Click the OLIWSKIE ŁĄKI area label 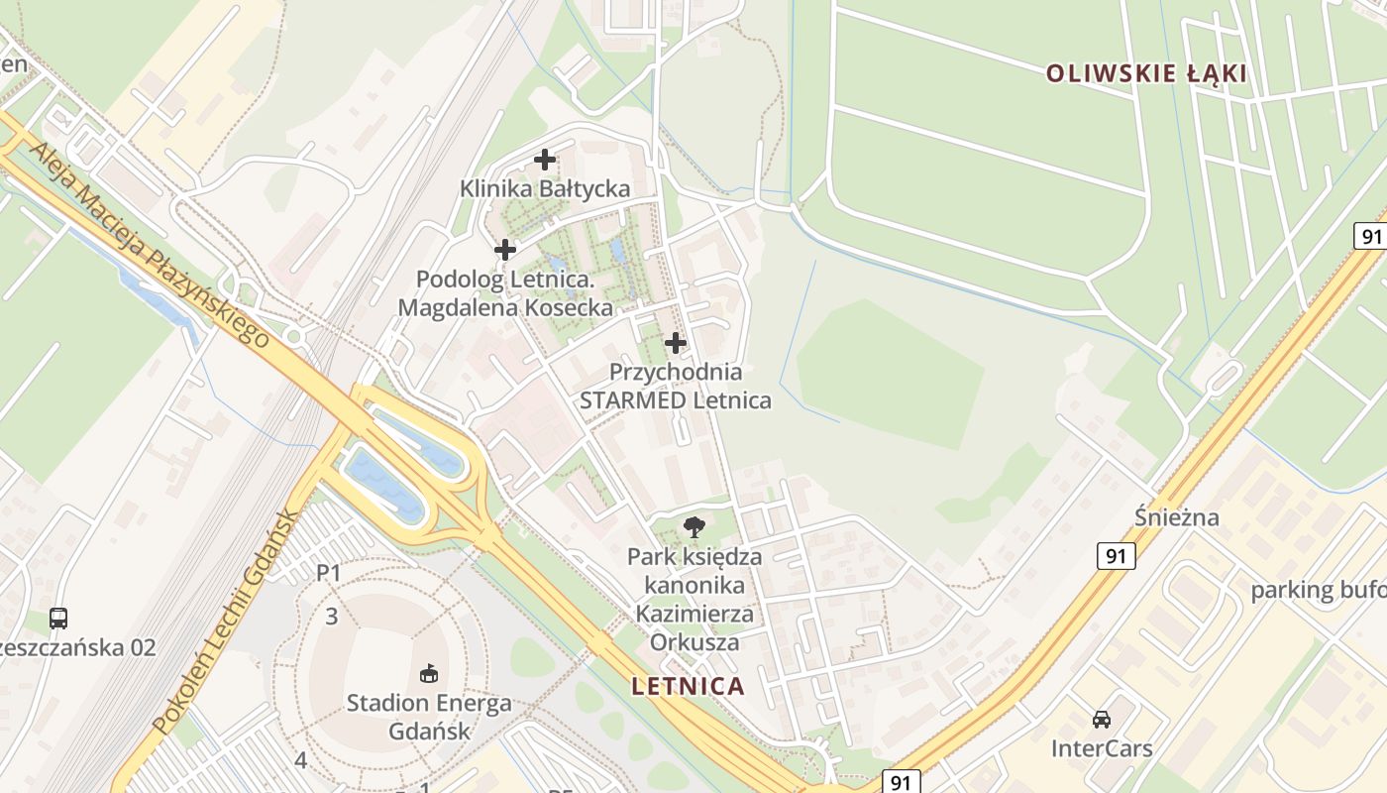(1145, 73)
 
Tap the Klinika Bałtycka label (544, 188)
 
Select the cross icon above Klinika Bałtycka (544, 159)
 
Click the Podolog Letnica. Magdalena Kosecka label (505, 293)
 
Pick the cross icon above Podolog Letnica (505, 250)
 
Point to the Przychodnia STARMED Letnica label (675, 387)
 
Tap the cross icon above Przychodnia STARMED (675, 343)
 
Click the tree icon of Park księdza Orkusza (694, 526)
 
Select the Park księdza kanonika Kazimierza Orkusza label (694, 599)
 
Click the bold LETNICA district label (688, 686)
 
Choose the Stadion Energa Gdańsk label (429, 718)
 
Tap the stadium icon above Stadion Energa (429, 674)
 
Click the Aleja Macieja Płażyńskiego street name (149, 244)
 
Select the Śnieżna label (1176, 517)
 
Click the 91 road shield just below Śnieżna (1116, 556)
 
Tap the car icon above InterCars (1102, 719)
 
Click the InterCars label (1102, 748)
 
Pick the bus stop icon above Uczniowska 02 (58, 619)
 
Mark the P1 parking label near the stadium (328, 573)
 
